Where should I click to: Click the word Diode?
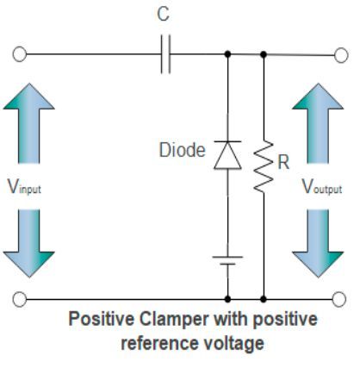click(x=182, y=152)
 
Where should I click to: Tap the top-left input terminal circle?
click(x=19, y=54)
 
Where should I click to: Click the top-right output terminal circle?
click(x=341, y=54)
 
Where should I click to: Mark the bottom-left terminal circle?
click(x=19, y=298)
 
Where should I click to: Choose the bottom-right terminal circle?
click(x=341, y=298)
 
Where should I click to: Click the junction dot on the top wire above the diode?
click(x=227, y=54)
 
